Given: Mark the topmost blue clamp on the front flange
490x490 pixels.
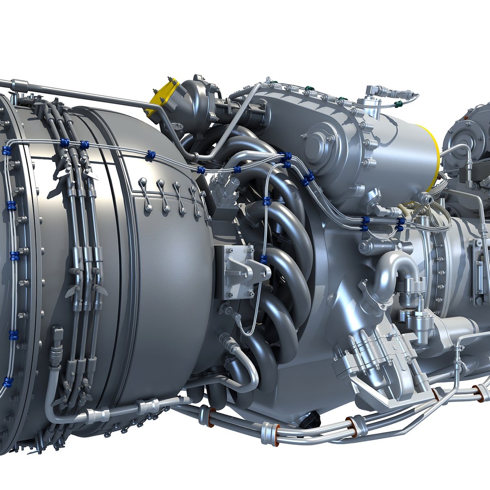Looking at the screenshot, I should (x=6, y=151).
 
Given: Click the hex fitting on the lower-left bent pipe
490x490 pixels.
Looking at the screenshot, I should (x=57, y=354).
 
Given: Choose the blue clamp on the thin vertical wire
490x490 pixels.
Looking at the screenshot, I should (x=264, y=259).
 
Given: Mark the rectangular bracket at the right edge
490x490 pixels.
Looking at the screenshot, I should (x=479, y=272).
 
